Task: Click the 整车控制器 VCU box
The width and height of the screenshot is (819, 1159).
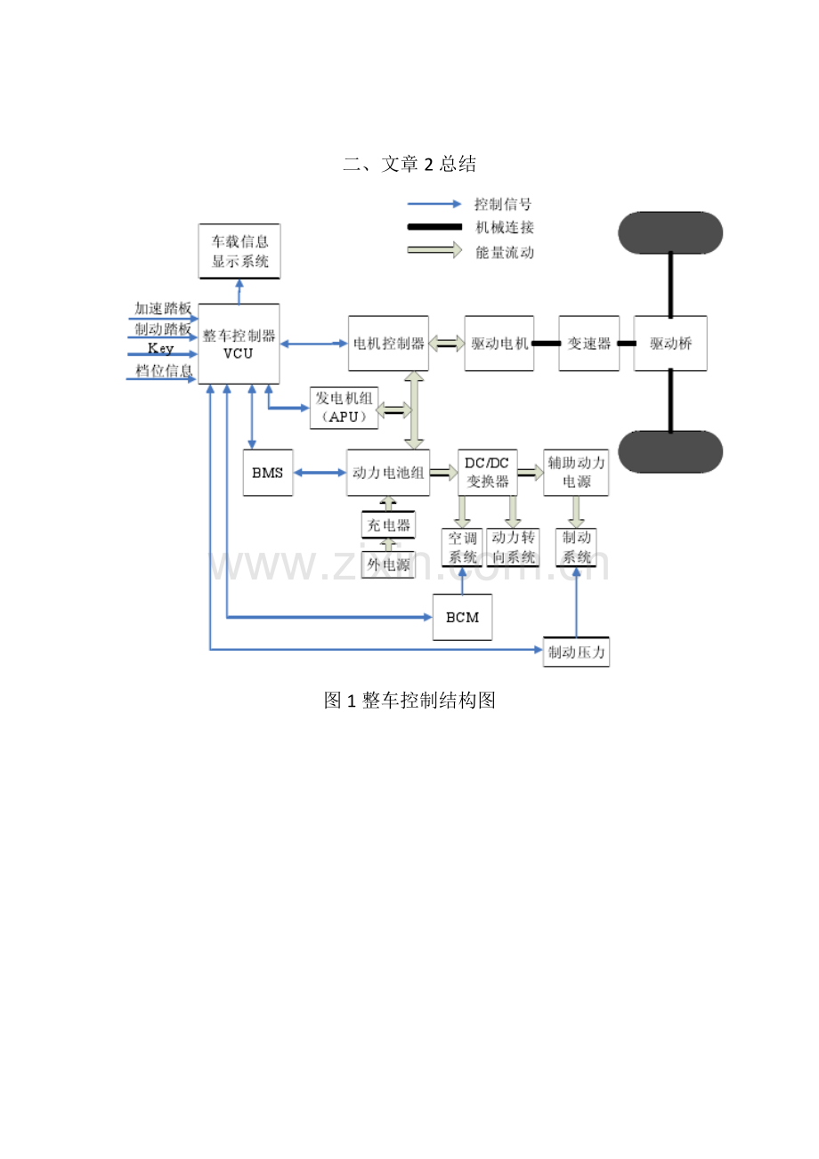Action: [239, 344]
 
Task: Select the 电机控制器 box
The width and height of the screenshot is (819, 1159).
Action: [389, 344]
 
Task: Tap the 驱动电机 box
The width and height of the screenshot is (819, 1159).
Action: [499, 344]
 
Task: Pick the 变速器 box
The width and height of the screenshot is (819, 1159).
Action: [589, 344]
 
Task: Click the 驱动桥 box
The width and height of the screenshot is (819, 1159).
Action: [670, 344]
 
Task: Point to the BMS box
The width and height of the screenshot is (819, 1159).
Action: [267, 473]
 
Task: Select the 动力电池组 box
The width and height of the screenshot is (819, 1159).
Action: [388, 473]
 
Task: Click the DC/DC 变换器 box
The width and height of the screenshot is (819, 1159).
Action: [487, 473]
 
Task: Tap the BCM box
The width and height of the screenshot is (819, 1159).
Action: [462, 616]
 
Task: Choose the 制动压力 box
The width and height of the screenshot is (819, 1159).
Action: [577, 652]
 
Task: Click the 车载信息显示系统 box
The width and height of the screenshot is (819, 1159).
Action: [239, 251]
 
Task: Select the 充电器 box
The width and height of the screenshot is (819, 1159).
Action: [387, 525]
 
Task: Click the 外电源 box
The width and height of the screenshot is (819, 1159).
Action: [387, 563]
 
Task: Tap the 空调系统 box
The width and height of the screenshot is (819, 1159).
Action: [462, 547]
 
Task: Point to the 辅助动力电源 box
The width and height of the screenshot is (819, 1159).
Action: [577, 473]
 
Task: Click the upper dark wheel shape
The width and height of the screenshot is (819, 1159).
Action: [670, 231]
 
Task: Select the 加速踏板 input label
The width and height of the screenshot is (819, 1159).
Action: [163, 308]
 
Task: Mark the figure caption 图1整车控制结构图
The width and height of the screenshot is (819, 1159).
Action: [409, 701]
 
